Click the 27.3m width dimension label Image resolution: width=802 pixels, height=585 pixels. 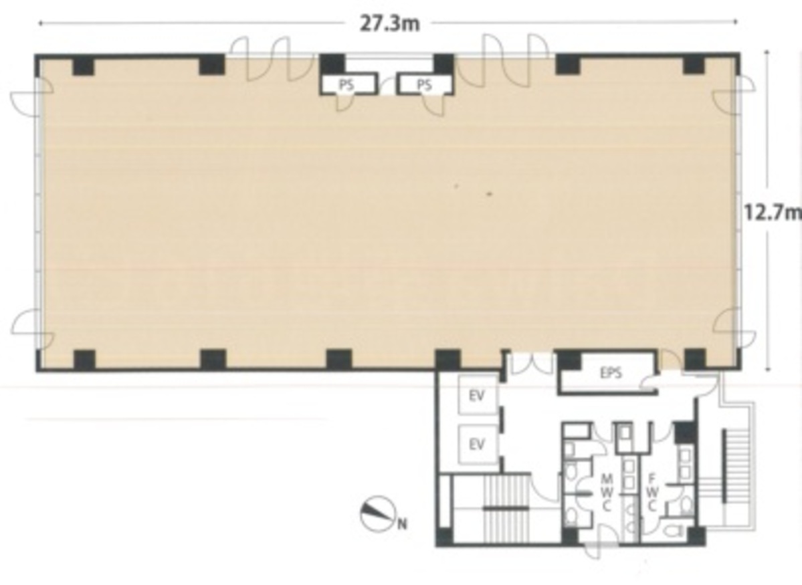(389, 23)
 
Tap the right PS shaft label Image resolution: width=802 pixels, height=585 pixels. (424, 85)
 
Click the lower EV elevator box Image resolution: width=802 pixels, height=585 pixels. (476, 445)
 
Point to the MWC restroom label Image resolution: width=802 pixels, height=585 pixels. (607, 493)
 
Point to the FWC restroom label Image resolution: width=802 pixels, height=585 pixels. (652, 493)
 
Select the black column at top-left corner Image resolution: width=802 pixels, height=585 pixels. (83, 65)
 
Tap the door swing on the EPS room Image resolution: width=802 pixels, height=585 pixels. (647, 383)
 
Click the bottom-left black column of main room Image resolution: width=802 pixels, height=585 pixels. (84, 360)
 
